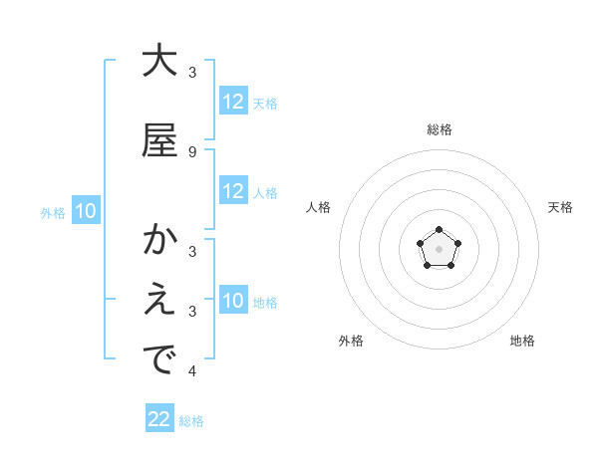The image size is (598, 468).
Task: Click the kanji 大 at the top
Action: (x=159, y=61)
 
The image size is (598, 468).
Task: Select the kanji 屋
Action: (x=159, y=140)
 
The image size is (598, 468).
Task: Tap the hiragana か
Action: (x=159, y=240)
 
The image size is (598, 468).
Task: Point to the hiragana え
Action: (x=159, y=301)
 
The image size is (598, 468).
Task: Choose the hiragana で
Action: (x=159, y=360)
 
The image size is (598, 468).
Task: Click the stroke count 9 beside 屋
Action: (x=191, y=151)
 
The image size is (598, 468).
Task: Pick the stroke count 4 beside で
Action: (x=191, y=371)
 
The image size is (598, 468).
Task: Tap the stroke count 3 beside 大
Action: (x=191, y=72)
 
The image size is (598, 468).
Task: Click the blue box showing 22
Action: (x=159, y=419)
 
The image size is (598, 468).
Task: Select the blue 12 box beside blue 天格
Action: (x=233, y=102)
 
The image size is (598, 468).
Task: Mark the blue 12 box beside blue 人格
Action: (x=233, y=191)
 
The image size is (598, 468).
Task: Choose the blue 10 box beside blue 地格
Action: (x=233, y=301)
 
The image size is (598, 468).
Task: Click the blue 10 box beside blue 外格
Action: (x=85, y=211)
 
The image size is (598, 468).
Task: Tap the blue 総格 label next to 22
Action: (x=191, y=421)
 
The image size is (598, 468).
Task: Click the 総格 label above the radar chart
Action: (x=440, y=129)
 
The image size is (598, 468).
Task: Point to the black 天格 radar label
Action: (x=560, y=207)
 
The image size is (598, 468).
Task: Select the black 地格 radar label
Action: (x=522, y=341)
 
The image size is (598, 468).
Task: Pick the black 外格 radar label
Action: (x=351, y=341)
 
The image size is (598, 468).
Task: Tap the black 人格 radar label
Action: (x=319, y=207)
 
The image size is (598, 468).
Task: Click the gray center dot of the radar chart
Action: (x=440, y=248)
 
